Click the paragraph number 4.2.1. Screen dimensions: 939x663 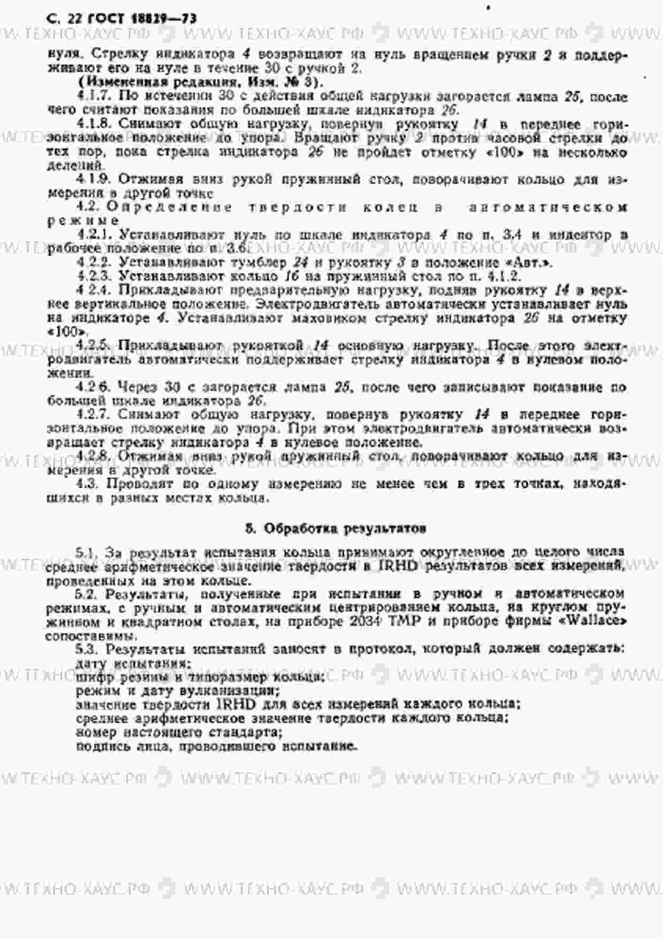[x=96, y=235]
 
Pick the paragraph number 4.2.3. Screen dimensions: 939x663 [x=96, y=277]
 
